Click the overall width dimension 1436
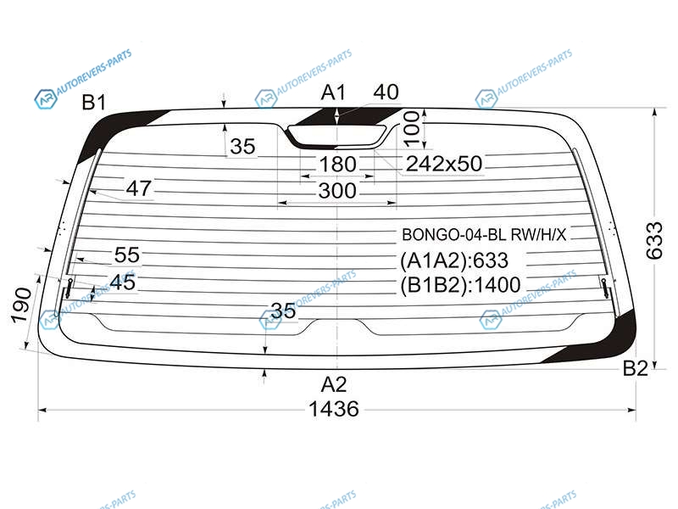pyautogui.click(x=334, y=409)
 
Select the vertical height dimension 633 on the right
pyautogui.click(x=653, y=241)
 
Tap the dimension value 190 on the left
pyautogui.click(x=20, y=305)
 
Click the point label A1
pyautogui.click(x=333, y=92)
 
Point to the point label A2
pyautogui.click(x=334, y=384)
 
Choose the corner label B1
pyautogui.click(x=94, y=103)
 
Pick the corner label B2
pyautogui.click(x=635, y=368)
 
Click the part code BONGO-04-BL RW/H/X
pyautogui.click(x=484, y=235)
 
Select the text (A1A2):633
pyautogui.click(x=454, y=260)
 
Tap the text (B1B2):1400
pyautogui.click(x=460, y=285)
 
